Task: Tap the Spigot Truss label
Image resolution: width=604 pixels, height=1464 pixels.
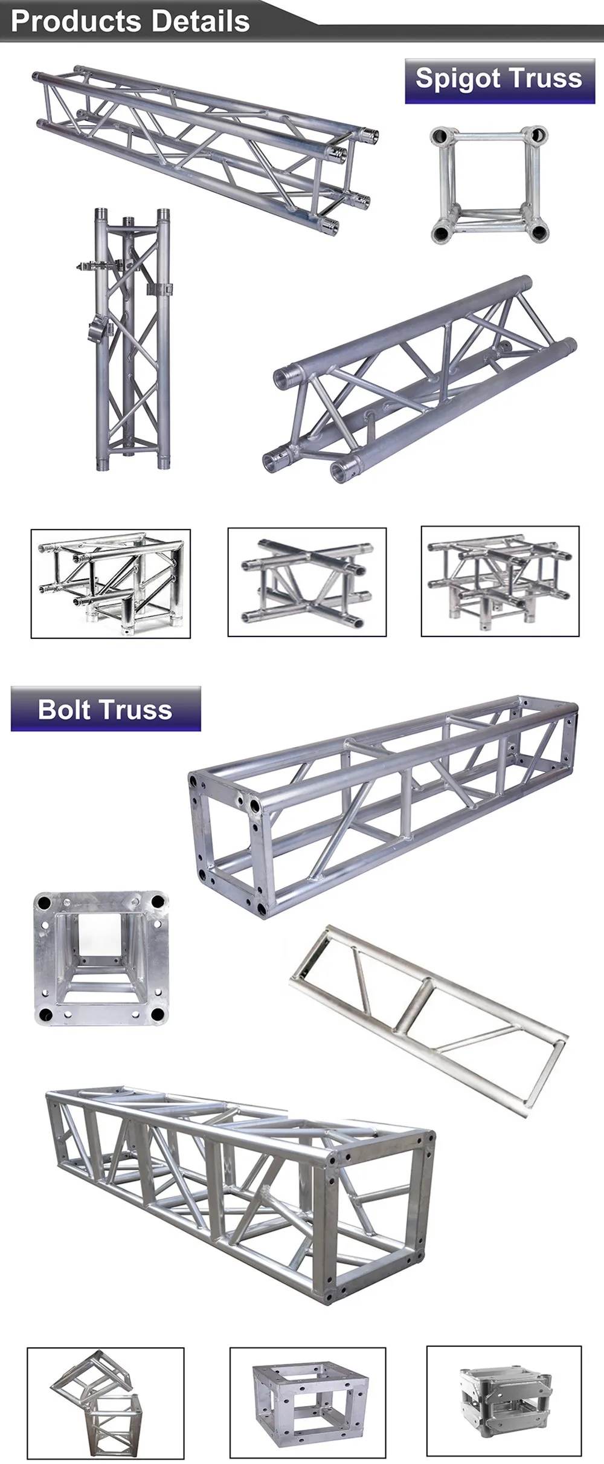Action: pos(500,80)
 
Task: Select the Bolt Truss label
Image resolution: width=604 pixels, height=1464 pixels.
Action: pos(105,709)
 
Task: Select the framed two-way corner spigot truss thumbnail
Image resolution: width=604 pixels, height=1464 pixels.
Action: pos(111,583)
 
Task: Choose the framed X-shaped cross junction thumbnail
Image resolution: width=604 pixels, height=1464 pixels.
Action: pos(307,582)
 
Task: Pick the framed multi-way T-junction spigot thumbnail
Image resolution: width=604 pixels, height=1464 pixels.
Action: pos(500,581)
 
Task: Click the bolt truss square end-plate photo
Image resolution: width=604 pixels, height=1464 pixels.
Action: pos(101,958)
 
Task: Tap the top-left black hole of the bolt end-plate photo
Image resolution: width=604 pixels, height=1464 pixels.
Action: pos(43,904)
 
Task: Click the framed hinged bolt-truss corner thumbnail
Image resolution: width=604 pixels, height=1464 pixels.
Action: pos(105,1402)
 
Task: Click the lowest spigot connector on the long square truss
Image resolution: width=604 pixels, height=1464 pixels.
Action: pos(329,228)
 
